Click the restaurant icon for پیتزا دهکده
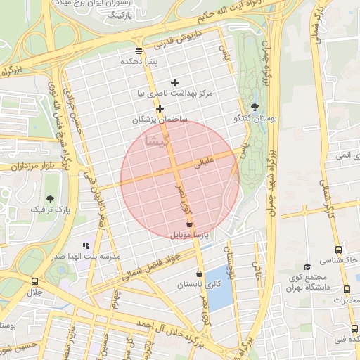click(138, 51)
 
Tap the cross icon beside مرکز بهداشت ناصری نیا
click(175, 82)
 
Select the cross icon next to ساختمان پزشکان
click(160, 108)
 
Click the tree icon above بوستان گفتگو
click(255, 108)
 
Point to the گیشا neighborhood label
click(156, 140)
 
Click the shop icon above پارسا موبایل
click(189, 223)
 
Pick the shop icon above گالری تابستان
click(199, 274)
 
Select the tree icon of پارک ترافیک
click(50, 199)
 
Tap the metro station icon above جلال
click(34, 281)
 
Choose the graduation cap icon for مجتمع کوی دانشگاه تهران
click(307, 266)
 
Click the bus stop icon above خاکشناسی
click(339, 250)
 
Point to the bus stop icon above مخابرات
click(347, 289)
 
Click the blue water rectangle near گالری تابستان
click(220, 296)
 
